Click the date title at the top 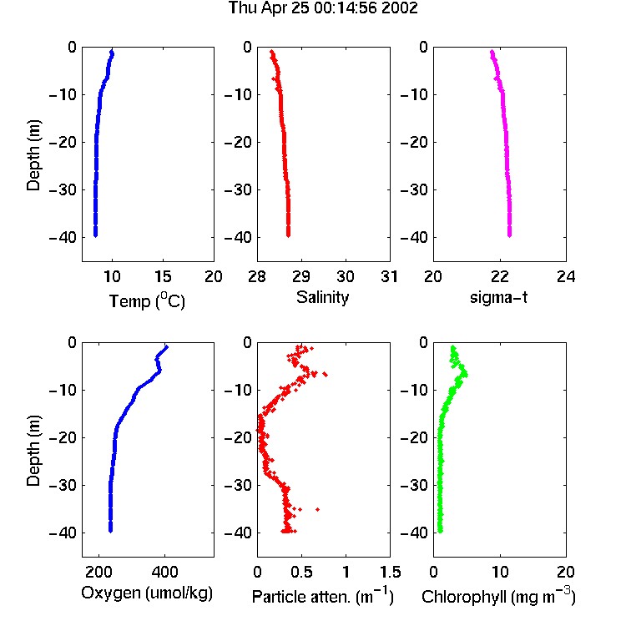coord(323,8)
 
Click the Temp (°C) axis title coord(147,300)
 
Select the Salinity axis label coord(322,297)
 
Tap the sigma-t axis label coord(498,297)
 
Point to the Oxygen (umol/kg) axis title coord(147,593)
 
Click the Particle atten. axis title coord(322,597)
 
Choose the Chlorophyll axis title coord(498,597)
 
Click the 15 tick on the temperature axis coord(163,276)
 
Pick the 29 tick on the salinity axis coord(301,276)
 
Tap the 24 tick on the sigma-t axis coord(566,276)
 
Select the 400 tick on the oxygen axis coord(165,572)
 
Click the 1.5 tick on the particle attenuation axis coord(391,572)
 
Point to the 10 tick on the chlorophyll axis coord(500,572)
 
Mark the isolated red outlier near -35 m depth coord(318,509)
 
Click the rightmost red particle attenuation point coord(326,374)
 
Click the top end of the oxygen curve coord(166,347)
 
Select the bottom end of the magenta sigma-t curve coord(509,235)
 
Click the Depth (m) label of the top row coord(33,155)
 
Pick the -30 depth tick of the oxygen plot coord(63,485)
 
